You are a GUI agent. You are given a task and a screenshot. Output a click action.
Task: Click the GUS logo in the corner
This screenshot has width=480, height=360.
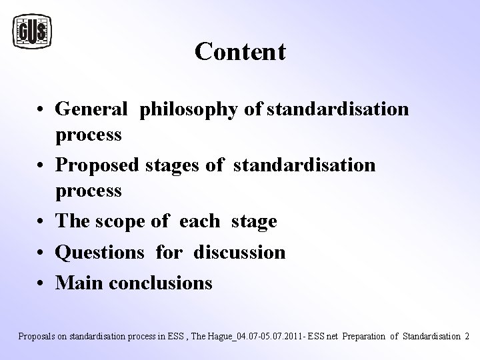tap(33, 31)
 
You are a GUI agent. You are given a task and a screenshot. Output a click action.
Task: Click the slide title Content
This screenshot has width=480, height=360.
tap(240, 51)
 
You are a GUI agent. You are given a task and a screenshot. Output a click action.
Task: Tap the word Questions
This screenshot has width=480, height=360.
tap(101, 253)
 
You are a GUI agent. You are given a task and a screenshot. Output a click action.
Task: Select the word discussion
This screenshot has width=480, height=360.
tap(239, 252)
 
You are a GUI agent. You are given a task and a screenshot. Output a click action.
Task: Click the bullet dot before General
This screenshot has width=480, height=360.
tap(42, 109)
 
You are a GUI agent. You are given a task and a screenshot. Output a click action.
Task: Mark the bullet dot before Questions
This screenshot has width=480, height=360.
tap(42, 253)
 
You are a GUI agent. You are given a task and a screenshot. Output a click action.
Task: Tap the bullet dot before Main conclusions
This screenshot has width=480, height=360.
tap(42, 283)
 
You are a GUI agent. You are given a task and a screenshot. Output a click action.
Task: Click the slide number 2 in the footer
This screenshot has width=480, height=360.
tap(466, 336)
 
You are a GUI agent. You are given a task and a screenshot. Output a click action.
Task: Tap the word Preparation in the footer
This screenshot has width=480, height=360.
tap(367, 336)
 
